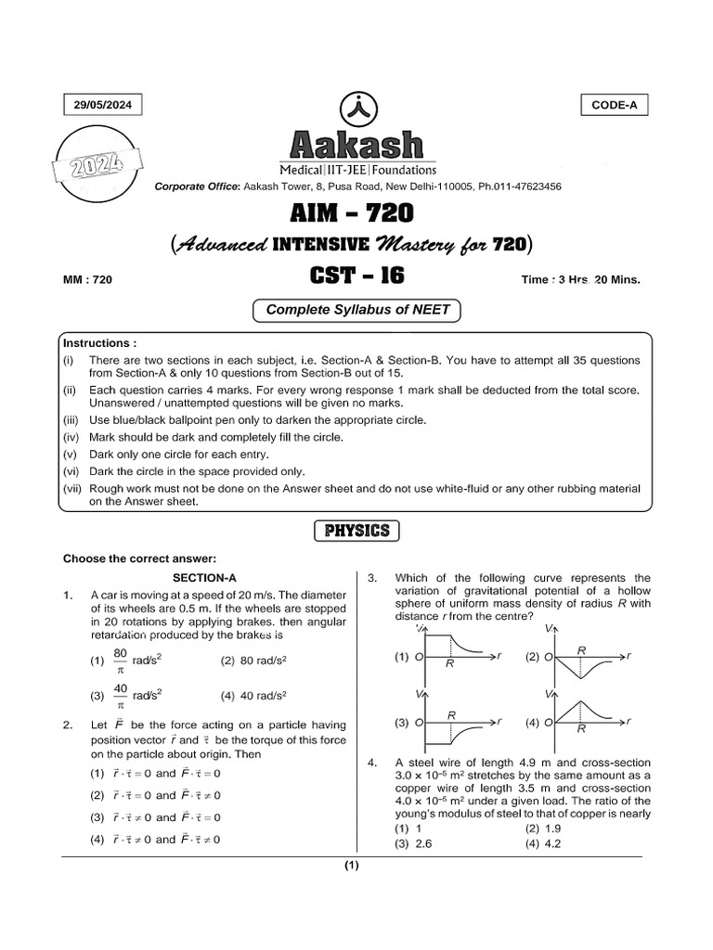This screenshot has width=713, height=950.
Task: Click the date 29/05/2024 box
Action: pos(103,106)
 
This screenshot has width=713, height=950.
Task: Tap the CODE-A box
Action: pos(614,105)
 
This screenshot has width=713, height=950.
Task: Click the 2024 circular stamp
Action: pos(97,168)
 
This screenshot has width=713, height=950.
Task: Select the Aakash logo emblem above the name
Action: pos(356,109)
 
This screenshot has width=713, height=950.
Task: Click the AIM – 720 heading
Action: pos(356,215)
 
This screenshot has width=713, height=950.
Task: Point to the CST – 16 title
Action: pos(356,277)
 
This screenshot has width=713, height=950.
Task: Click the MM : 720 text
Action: pos(87,278)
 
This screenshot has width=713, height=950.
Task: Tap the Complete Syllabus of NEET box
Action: pos(357,310)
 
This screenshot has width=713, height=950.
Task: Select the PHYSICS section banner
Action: pos(357,531)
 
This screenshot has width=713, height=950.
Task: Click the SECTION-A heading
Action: pos(204,577)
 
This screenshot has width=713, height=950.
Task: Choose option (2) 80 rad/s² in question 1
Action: pos(253,661)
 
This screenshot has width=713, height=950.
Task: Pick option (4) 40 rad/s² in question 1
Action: pos(253,695)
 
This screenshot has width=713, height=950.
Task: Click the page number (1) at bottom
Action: pos(351,866)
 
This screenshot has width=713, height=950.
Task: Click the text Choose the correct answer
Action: pos(138,558)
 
